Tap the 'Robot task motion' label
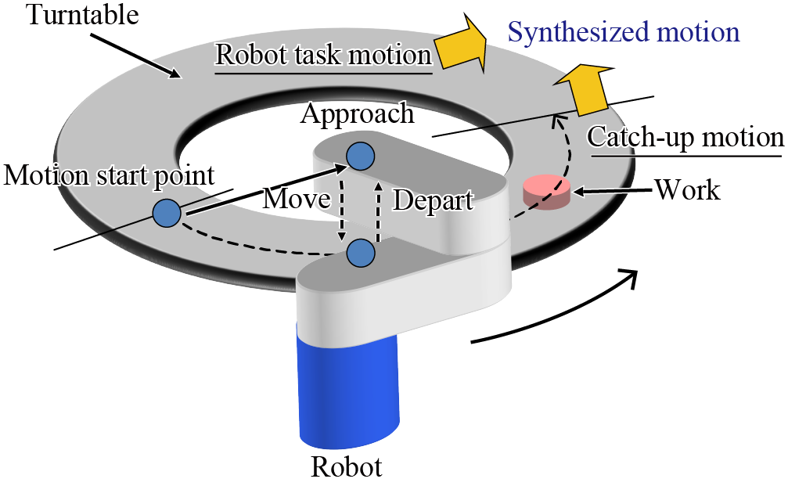click(323, 55)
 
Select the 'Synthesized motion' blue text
click(623, 31)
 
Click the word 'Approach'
click(357, 114)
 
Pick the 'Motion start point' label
click(109, 175)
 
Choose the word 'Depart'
click(433, 200)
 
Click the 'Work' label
click(687, 189)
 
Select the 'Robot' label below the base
click(347, 466)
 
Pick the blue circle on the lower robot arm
click(361, 252)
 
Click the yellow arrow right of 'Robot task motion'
click(462, 49)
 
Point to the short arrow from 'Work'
click(610, 189)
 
